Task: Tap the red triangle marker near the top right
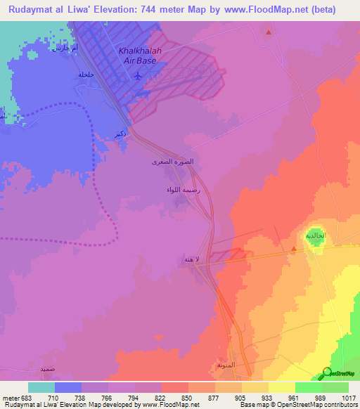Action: (x=269, y=32)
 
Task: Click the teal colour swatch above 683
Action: (x=41, y=387)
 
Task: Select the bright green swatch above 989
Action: (x=309, y=387)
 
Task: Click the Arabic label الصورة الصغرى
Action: (x=172, y=162)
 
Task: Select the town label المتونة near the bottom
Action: (x=226, y=366)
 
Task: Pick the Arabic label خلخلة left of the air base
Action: (x=86, y=74)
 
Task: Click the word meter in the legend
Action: (x=12, y=398)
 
